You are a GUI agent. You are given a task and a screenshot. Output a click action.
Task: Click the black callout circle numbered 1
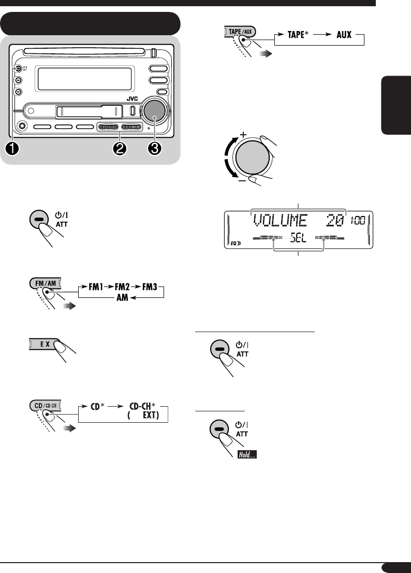tap(12, 148)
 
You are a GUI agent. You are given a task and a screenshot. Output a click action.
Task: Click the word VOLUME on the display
tap(284, 221)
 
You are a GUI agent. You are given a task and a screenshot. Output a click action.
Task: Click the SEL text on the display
tap(299, 239)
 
